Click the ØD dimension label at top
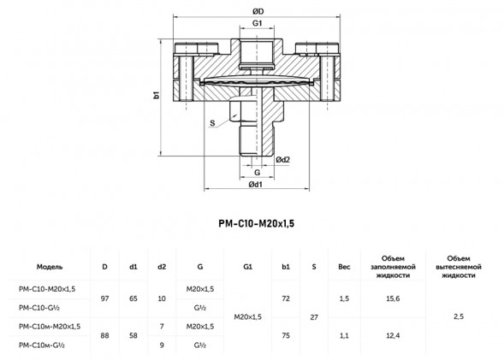258,12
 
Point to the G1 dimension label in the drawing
258,23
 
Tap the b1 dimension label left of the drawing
157,95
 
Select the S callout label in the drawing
212,122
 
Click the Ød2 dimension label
283,160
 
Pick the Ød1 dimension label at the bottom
256,185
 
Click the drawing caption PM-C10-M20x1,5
256,223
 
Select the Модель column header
50,267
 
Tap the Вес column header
344,267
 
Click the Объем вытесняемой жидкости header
459,267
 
